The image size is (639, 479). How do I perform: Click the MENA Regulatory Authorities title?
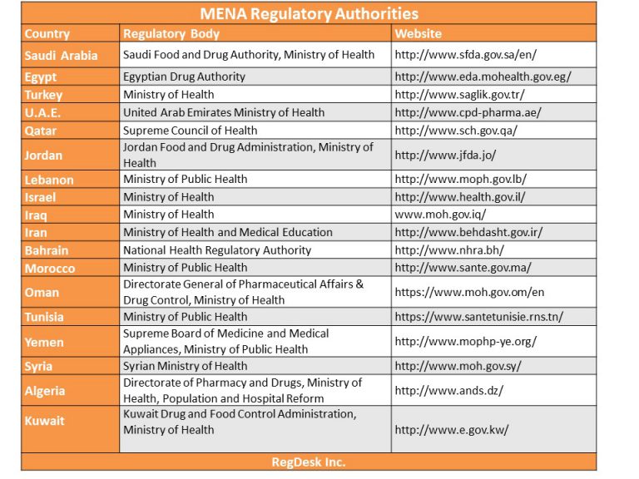309,14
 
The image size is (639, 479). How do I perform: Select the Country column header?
47,34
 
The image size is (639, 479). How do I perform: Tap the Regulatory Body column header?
171,34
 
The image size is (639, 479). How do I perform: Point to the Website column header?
419,34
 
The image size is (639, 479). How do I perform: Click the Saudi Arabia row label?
61,56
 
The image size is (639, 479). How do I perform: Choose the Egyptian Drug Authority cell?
184,77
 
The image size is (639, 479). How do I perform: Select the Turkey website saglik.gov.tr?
459,95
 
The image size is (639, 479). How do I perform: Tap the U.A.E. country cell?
42,112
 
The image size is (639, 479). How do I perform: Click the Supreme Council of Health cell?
191,131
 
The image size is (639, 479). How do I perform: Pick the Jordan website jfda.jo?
445,156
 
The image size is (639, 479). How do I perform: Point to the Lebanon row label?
49,180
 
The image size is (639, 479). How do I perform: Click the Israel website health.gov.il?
460,197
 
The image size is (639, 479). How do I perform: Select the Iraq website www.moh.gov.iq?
440,215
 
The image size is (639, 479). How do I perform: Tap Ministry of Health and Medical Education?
228,232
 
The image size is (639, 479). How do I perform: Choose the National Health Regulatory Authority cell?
217,250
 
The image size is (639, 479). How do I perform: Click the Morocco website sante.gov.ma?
463,268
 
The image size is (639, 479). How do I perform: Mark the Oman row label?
42,293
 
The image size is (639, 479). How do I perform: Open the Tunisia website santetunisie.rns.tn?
479,317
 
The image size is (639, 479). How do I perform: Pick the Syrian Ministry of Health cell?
185,366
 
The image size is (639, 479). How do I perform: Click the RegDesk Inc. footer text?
309,462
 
